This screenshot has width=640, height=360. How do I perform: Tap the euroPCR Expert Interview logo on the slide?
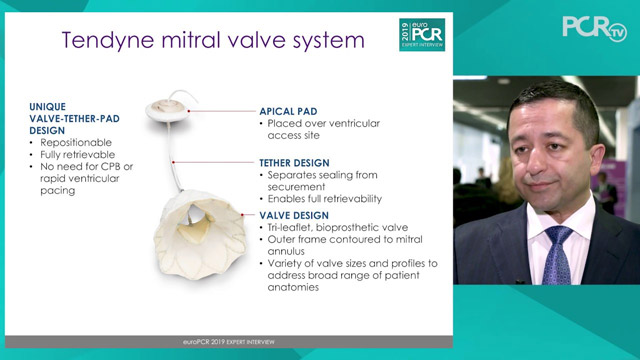(x=421, y=32)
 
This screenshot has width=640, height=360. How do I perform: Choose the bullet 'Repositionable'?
(x=73, y=143)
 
